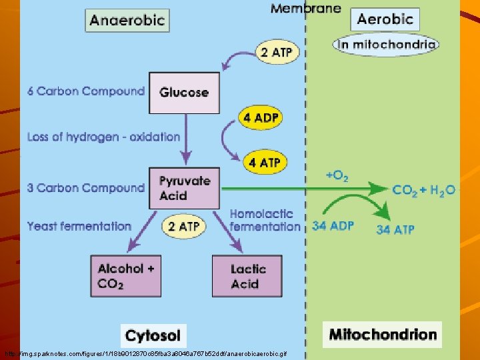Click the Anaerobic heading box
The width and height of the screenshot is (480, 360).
pyautogui.click(x=127, y=20)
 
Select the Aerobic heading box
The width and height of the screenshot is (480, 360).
pyautogui.click(x=385, y=19)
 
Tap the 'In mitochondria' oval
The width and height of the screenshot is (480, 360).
pyautogui.click(x=386, y=45)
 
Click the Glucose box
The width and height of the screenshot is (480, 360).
pyautogui.click(x=185, y=93)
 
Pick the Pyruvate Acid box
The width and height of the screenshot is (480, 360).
pyautogui.click(x=185, y=188)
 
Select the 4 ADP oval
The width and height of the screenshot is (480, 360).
pyautogui.click(x=261, y=118)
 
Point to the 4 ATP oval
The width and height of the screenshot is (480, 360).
pyautogui.click(x=265, y=162)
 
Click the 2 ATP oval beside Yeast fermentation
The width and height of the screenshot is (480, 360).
pyautogui.click(x=183, y=227)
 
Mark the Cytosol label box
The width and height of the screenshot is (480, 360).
pyautogui.click(x=153, y=335)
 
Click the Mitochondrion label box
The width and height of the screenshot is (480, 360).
pyautogui.click(x=383, y=334)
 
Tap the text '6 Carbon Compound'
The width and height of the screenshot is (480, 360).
pyautogui.click(x=86, y=91)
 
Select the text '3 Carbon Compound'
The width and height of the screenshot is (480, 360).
pyautogui.click(x=86, y=188)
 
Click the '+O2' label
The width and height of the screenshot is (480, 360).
pyautogui.click(x=337, y=176)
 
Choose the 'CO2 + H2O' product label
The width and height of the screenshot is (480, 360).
pyautogui.click(x=424, y=190)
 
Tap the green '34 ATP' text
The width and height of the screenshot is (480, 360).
pyautogui.click(x=395, y=230)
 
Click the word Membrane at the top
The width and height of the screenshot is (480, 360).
pyautogui.click(x=305, y=9)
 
